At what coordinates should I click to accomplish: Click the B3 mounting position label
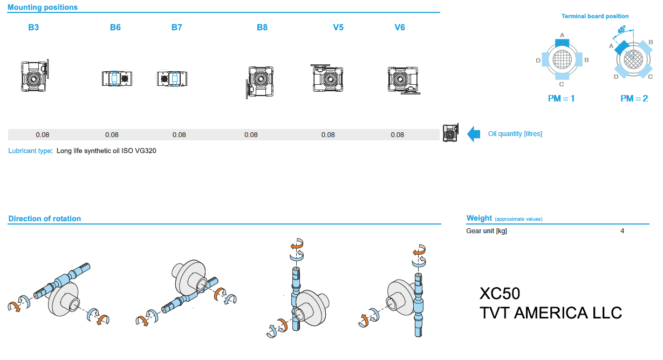(33, 27)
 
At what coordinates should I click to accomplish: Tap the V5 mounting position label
(338, 27)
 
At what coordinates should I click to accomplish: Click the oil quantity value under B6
(112, 135)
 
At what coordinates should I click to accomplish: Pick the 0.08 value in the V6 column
(397, 135)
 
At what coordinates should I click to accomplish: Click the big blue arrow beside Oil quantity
(474, 134)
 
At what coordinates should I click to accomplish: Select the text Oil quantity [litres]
(515, 134)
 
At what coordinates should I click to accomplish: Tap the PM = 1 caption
(561, 99)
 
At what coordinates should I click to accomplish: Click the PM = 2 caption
(634, 99)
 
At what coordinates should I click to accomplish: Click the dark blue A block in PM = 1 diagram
(562, 42)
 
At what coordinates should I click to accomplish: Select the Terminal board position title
(595, 16)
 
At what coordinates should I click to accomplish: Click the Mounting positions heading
(43, 8)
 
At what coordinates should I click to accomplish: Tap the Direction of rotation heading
(45, 219)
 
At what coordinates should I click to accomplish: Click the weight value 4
(622, 231)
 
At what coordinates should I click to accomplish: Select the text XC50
(500, 294)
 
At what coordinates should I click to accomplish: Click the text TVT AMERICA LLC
(550, 313)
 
